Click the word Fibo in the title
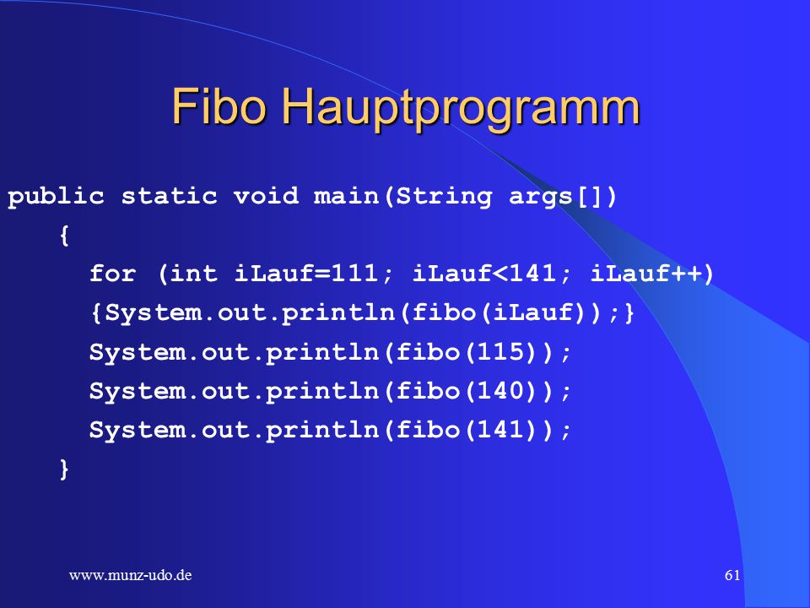[x=219, y=106]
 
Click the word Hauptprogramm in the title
[x=462, y=110]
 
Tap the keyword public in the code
[x=56, y=197]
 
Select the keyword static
[x=169, y=196]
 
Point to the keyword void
[x=266, y=196]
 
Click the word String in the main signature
[x=444, y=197]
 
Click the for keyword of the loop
[x=112, y=273]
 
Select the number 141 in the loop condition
[x=532, y=273]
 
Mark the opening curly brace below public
[x=64, y=236]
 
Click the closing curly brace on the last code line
[x=64, y=470]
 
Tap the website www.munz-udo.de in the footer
[x=130, y=575]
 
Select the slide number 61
[x=732, y=575]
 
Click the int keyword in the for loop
[x=193, y=273]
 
